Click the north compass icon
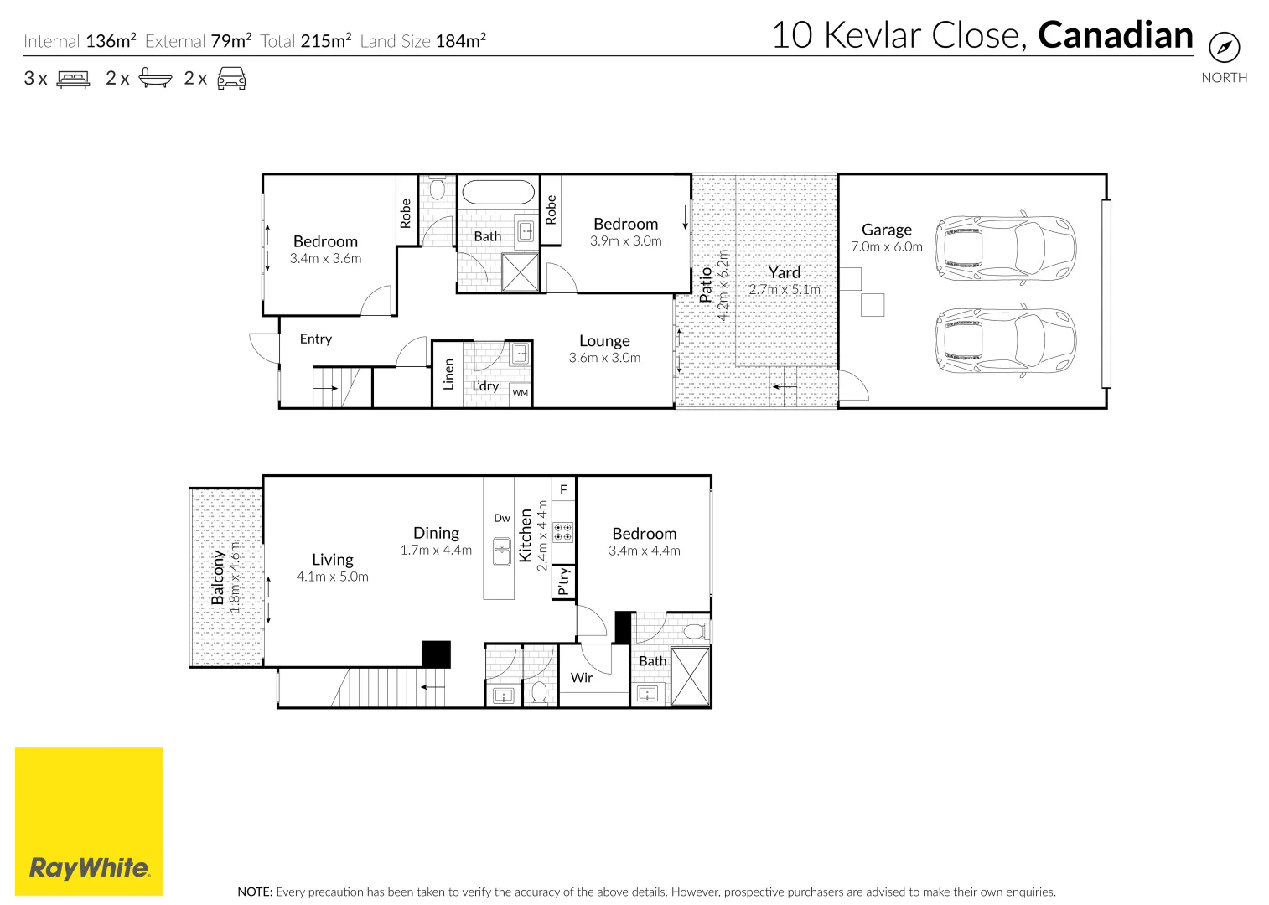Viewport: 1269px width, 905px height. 1224,47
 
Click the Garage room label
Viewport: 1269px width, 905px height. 886,230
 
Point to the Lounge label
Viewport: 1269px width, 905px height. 604,341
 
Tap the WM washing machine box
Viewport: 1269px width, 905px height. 521,392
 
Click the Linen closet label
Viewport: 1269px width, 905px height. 448,374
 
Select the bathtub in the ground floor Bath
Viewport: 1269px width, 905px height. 497,193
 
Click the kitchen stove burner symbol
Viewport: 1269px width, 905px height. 563,531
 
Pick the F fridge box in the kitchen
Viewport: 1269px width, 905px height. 563,489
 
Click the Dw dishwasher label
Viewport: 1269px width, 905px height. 501,518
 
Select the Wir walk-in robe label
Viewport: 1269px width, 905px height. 581,678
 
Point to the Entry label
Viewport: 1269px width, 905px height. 316,339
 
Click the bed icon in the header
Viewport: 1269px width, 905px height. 73,79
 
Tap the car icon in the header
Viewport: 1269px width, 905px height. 231,79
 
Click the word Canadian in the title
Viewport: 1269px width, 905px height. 1115,35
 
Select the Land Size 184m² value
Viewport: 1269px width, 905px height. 460,41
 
